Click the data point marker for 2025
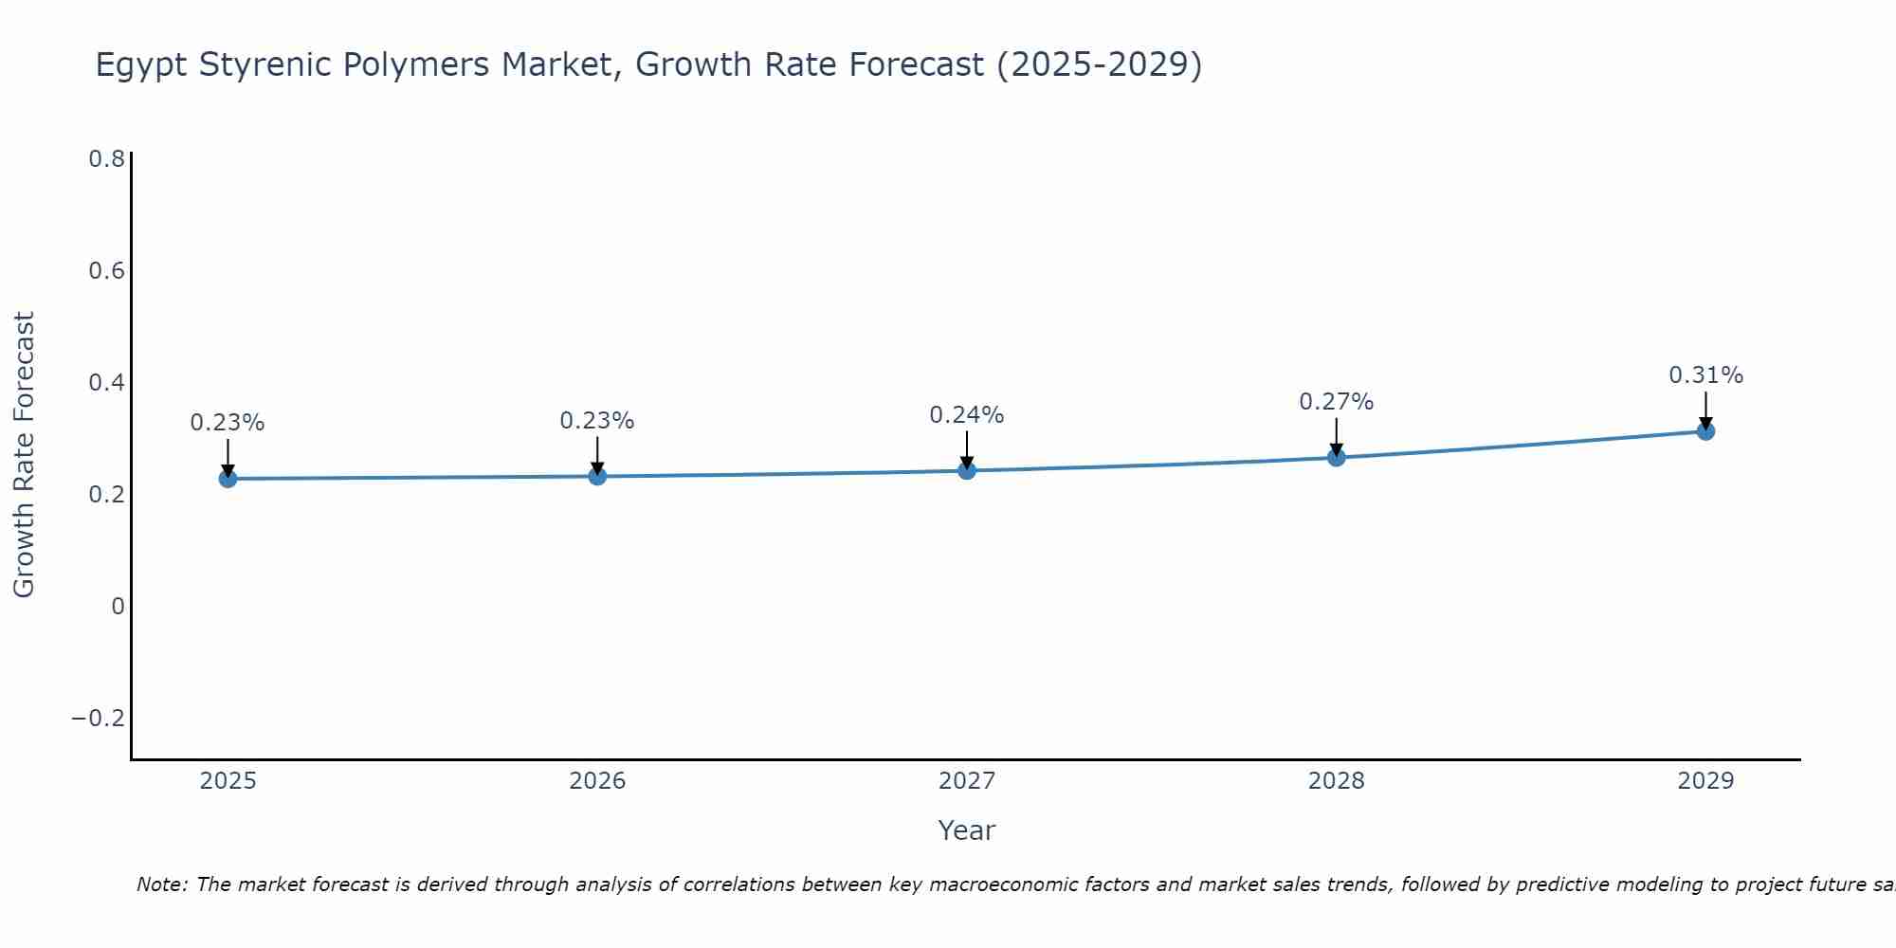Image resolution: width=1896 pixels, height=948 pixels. pyautogui.click(x=228, y=479)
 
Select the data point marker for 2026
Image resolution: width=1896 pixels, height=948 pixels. pyautogui.click(x=597, y=476)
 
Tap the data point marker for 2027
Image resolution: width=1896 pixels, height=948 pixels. pyautogui.click(x=967, y=470)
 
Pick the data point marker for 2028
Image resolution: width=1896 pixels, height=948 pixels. pyautogui.click(x=1337, y=458)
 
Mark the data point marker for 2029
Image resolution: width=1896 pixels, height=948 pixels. pyautogui.click(x=1705, y=431)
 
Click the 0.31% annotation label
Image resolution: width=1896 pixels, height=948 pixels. pyautogui.click(x=1705, y=375)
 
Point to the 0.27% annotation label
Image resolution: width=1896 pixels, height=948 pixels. pyautogui.click(x=1336, y=402)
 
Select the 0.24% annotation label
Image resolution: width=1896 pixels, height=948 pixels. pyautogui.click(x=966, y=415)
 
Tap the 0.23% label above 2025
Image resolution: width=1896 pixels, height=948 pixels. pyautogui.click(x=228, y=423)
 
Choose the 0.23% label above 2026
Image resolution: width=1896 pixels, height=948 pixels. pyautogui.click(x=597, y=421)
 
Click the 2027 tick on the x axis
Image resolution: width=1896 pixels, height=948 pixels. pyautogui.click(x=967, y=781)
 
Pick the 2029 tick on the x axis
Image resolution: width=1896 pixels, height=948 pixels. pyautogui.click(x=1705, y=781)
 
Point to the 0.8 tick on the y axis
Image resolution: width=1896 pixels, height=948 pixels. pyautogui.click(x=107, y=159)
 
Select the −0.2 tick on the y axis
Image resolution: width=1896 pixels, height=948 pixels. pyautogui.click(x=99, y=719)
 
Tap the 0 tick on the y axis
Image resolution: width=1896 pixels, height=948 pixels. pyautogui.click(x=118, y=607)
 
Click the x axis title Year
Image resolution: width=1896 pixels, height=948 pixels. pyautogui.click(x=966, y=831)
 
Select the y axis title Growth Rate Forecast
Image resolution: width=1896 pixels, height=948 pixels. pyautogui.click(x=24, y=455)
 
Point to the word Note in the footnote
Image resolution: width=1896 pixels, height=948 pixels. pyautogui.click(x=161, y=885)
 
